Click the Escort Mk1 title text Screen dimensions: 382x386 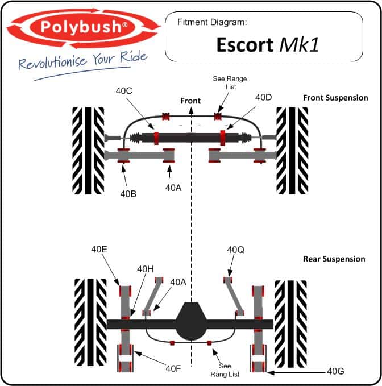pyautogui.click(x=268, y=45)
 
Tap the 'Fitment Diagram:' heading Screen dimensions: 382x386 pyautogui.click(x=212, y=22)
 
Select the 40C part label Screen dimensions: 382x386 pyautogui.click(x=124, y=91)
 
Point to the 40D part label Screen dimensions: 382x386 pyautogui.click(x=263, y=97)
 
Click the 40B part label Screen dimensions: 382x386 pyautogui.click(x=128, y=194)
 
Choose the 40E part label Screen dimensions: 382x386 pyautogui.click(x=99, y=250)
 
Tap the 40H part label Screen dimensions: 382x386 pyautogui.click(x=145, y=269)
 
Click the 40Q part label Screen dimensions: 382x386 pyautogui.click(x=235, y=250)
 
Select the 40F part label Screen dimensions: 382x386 pyautogui.click(x=173, y=368)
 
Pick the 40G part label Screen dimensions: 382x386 pyautogui.click(x=335, y=371)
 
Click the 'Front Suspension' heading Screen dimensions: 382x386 pyautogui.click(x=335, y=98)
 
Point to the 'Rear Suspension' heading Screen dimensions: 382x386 pyautogui.click(x=334, y=259)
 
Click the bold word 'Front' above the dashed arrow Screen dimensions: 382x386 pyautogui.click(x=190, y=101)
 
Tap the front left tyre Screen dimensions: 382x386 pyautogui.click(x=88, y=151)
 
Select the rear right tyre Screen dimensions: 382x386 pyautogui.click(x=291, y=323)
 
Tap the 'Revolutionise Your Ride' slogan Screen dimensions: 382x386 pyautogui.click(x=83, y=60)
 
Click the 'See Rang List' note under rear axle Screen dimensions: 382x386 pyautogui.click(x=225, y=370)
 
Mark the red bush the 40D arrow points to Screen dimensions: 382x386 pyautogui.click(x=222, y=138)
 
